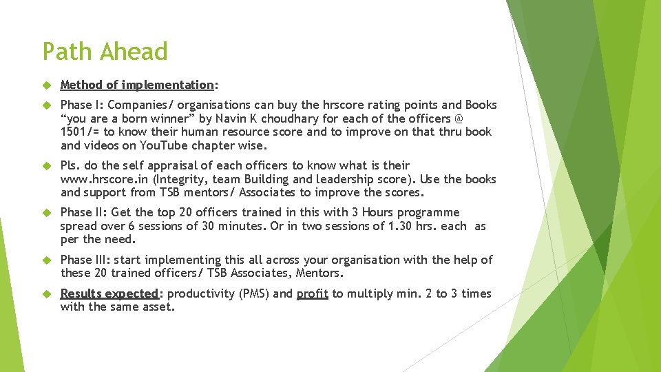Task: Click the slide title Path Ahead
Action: click(x=105, y=52)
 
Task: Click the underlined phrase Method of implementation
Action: click(x=137, y=85)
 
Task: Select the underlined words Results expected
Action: click(x=110, y=293)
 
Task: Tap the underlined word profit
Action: click(x=312, y=293)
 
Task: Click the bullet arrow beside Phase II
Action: click(x=47, y=213)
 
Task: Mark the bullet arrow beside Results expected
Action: click(x=47, y=294)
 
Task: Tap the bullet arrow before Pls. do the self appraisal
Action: click(x=47, y=166)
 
